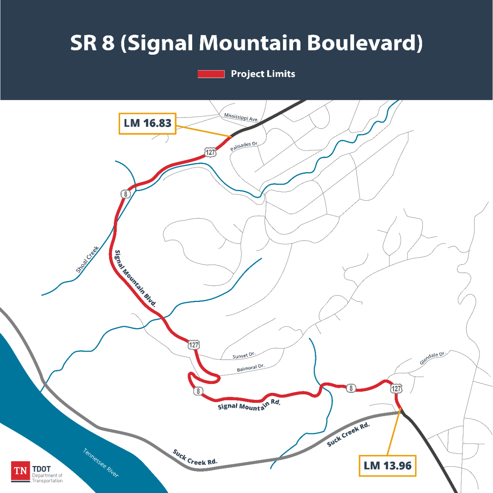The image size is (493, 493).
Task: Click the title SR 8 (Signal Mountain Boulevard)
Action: [246, 43]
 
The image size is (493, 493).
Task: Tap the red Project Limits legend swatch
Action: [211, 74]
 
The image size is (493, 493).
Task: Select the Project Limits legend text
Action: [263, 74]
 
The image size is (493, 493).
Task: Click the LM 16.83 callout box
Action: [148, 123]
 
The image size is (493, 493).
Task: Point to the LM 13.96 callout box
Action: [387, 466]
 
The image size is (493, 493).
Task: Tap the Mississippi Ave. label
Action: [241, 117]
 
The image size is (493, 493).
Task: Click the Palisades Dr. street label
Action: [244, 146]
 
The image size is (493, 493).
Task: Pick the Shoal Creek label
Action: [87, 260]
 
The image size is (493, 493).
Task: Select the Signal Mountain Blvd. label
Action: [136, 278]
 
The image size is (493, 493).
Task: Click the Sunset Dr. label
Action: [244, 355]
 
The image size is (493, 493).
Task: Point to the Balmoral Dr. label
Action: [251, 368]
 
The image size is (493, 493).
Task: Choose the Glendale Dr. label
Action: [432, 358]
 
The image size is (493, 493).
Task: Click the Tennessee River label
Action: [101, 463]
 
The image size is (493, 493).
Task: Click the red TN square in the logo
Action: [20, 471]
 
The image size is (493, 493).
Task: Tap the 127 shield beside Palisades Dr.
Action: [210, 152]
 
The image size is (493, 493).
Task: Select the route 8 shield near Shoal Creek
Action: [125, 194]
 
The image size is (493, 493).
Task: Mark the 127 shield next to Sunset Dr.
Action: [194, 345]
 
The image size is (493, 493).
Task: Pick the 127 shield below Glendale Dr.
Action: [396, 388]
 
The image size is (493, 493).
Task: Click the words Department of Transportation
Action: [47, 478]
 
